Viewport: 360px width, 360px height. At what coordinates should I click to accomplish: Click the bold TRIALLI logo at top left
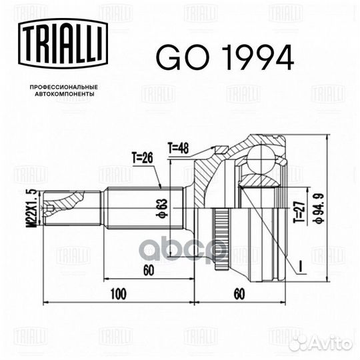(x=63, y=43)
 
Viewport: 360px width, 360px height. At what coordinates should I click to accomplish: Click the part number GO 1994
(x=225, y=57)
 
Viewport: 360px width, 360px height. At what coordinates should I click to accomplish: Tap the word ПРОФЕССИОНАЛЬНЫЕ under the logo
(x=64, y=87)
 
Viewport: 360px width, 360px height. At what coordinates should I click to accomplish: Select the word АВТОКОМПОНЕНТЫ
(x=65, y=94)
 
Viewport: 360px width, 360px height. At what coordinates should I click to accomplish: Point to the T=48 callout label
(x=179, y=147)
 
